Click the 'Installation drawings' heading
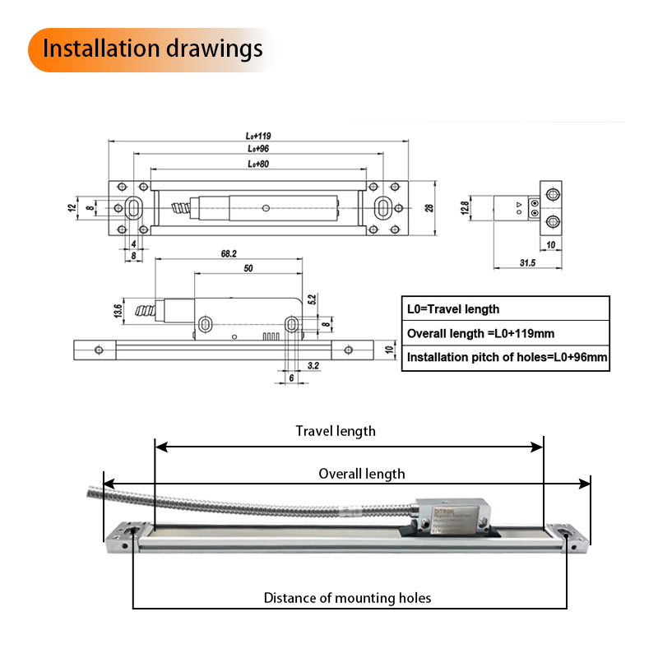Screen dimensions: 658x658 click(x=152, y=49)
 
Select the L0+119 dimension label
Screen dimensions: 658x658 click(x=258, y=136)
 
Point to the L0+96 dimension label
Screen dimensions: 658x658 click(x=258, y=150)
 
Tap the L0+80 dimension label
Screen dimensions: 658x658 click(x=258, y=164)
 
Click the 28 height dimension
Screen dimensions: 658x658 click(x=429, y=208)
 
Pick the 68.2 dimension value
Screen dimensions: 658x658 click(x=229, y=254)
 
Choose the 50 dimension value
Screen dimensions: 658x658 click(x=248, y=269)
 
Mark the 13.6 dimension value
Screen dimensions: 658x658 click(x=118, y=311)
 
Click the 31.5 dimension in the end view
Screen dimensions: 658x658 click(x=527, y=263)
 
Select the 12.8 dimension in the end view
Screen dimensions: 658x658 click(x=465, y=208)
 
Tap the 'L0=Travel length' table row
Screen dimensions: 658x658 click(x=453, y=309)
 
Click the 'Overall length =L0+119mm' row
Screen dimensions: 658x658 click(x=480, y=333)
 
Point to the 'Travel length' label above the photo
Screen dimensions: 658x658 click(x=336, y=431)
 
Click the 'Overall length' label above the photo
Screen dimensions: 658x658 click(x=362, y=474)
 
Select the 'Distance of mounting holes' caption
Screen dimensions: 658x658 click(x=347, y=598)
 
